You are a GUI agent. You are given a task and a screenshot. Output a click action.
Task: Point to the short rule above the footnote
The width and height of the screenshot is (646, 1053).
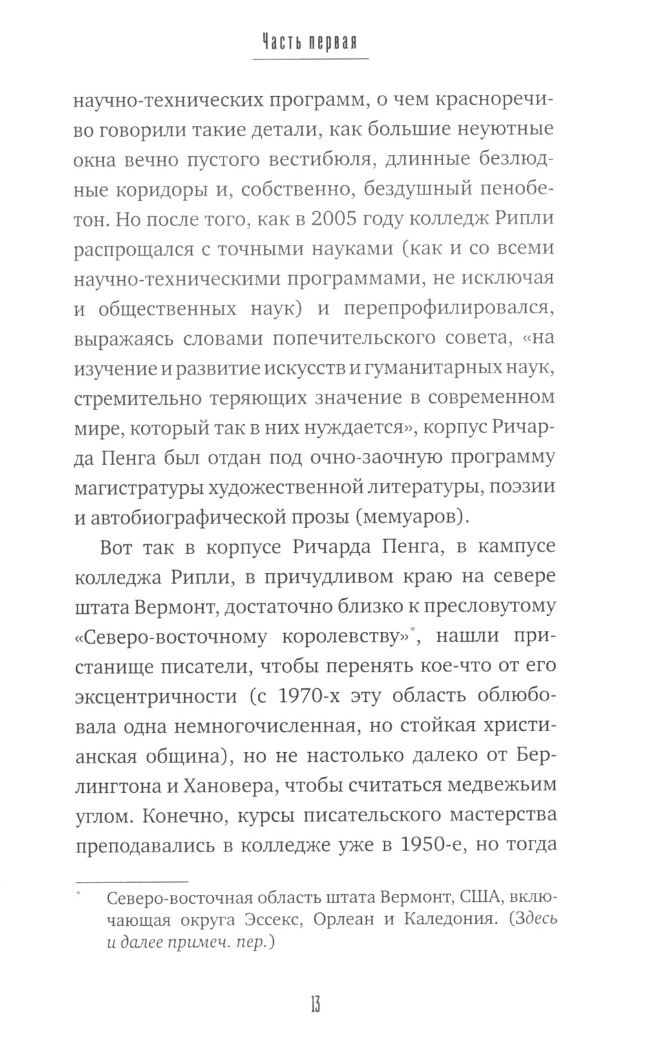tap(132, 881)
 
